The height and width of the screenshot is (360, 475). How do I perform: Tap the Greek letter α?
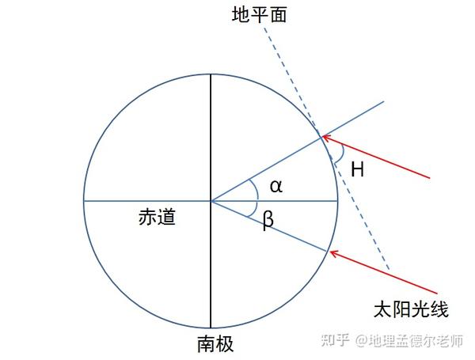[275, 187]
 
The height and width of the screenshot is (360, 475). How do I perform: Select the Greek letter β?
[268, 222]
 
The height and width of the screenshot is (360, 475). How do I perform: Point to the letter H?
[357, 169]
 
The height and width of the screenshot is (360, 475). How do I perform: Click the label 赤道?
[157, 217]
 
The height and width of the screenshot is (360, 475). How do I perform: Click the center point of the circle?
[211, 201]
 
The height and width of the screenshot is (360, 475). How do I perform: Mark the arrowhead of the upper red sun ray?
[325, 138]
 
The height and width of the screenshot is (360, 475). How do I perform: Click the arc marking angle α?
[254, 188]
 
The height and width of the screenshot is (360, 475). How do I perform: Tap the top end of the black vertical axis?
[211, 76]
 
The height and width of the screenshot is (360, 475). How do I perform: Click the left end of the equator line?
[85, 201]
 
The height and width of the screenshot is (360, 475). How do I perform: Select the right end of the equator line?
[337, 201]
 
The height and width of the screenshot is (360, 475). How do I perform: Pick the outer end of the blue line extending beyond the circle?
[383, 101]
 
